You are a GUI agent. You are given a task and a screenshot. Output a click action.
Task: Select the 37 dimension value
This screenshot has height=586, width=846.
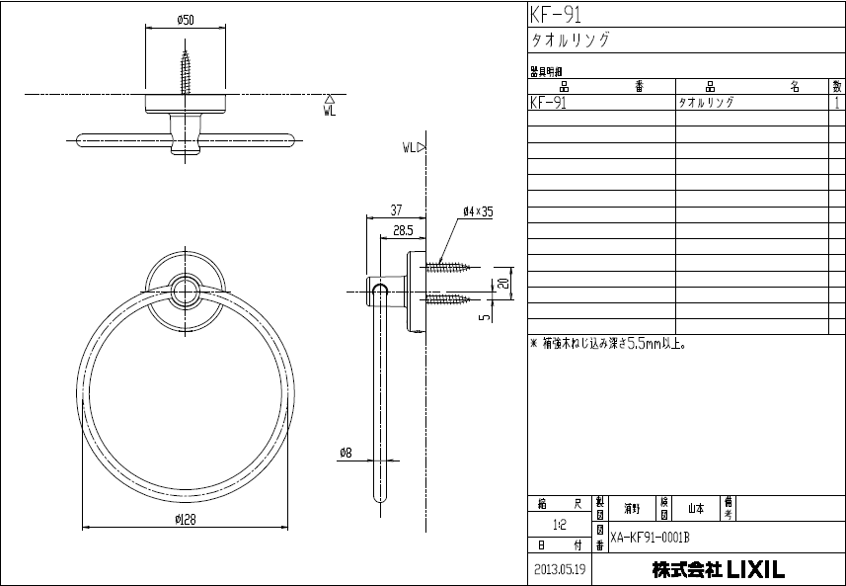[396, 209]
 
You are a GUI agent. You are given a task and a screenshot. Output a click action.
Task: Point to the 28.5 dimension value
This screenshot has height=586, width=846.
[402, 229]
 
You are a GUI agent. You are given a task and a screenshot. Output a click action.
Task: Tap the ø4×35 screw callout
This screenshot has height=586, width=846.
[477, 211]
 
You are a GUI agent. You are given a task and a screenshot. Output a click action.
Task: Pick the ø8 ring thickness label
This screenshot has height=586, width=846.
[345, 453]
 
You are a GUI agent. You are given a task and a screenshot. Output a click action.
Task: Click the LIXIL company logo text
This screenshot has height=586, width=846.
[755, 570]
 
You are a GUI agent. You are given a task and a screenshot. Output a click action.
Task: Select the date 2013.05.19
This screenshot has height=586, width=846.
[560, 570]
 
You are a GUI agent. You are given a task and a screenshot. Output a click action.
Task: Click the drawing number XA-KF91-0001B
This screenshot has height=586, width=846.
[650, 538]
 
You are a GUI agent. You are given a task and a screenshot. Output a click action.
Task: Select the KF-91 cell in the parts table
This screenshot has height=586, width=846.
[548, 102]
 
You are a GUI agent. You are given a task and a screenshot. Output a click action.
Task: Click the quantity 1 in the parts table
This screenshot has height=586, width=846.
[837, 102]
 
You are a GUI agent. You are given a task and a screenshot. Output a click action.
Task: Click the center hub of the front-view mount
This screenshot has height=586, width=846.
[183, 290]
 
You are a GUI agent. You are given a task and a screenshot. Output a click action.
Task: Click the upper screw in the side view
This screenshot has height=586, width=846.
[450, 267]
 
